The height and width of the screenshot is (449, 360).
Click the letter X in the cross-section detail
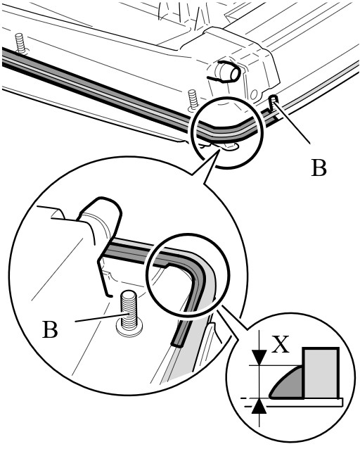[280, 343]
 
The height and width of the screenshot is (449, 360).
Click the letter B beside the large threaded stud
[50, 329]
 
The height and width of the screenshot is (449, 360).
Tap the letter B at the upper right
[319, 167]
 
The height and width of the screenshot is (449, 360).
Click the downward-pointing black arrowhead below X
[259, 358]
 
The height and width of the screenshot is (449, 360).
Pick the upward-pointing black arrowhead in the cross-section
[259, 407]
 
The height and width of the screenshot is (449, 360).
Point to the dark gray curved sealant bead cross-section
[286, 384]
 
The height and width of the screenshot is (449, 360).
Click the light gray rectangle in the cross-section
[321, 373]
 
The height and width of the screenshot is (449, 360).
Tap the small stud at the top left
[20, 43]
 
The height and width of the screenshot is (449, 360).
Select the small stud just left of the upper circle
[193, 101]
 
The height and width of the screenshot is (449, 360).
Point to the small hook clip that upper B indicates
[273, 103]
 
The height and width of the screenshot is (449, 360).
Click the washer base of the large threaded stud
[129, 327]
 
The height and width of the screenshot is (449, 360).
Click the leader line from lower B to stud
[101, 318]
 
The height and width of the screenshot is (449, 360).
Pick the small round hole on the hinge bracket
[255, 94]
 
